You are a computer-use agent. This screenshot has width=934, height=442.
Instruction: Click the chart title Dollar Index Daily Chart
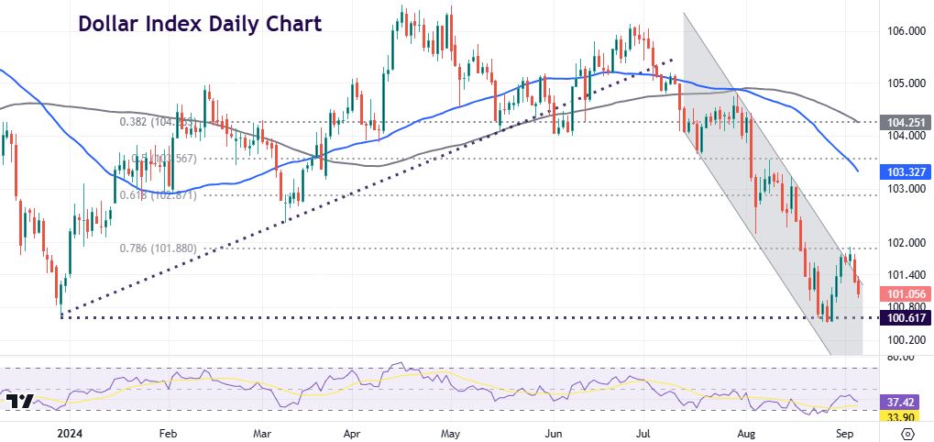pos(200,24)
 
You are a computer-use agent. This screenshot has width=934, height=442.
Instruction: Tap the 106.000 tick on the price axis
pos(904,31)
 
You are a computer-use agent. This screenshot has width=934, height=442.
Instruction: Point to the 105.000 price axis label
pos(904,83)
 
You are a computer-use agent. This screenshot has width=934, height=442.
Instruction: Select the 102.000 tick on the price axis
pos(904,243)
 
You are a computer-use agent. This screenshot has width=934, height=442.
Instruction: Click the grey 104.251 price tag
pos(905,121)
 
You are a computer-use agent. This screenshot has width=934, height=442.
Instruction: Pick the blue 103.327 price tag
pos(905,171)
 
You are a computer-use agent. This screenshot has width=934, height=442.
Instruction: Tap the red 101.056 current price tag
pos(905,293)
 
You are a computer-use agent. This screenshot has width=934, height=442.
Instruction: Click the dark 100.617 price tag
pos(905,317)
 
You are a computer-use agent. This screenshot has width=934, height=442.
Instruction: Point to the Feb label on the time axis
pos(167,430)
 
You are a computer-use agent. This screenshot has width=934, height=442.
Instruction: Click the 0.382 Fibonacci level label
pos(134,121)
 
